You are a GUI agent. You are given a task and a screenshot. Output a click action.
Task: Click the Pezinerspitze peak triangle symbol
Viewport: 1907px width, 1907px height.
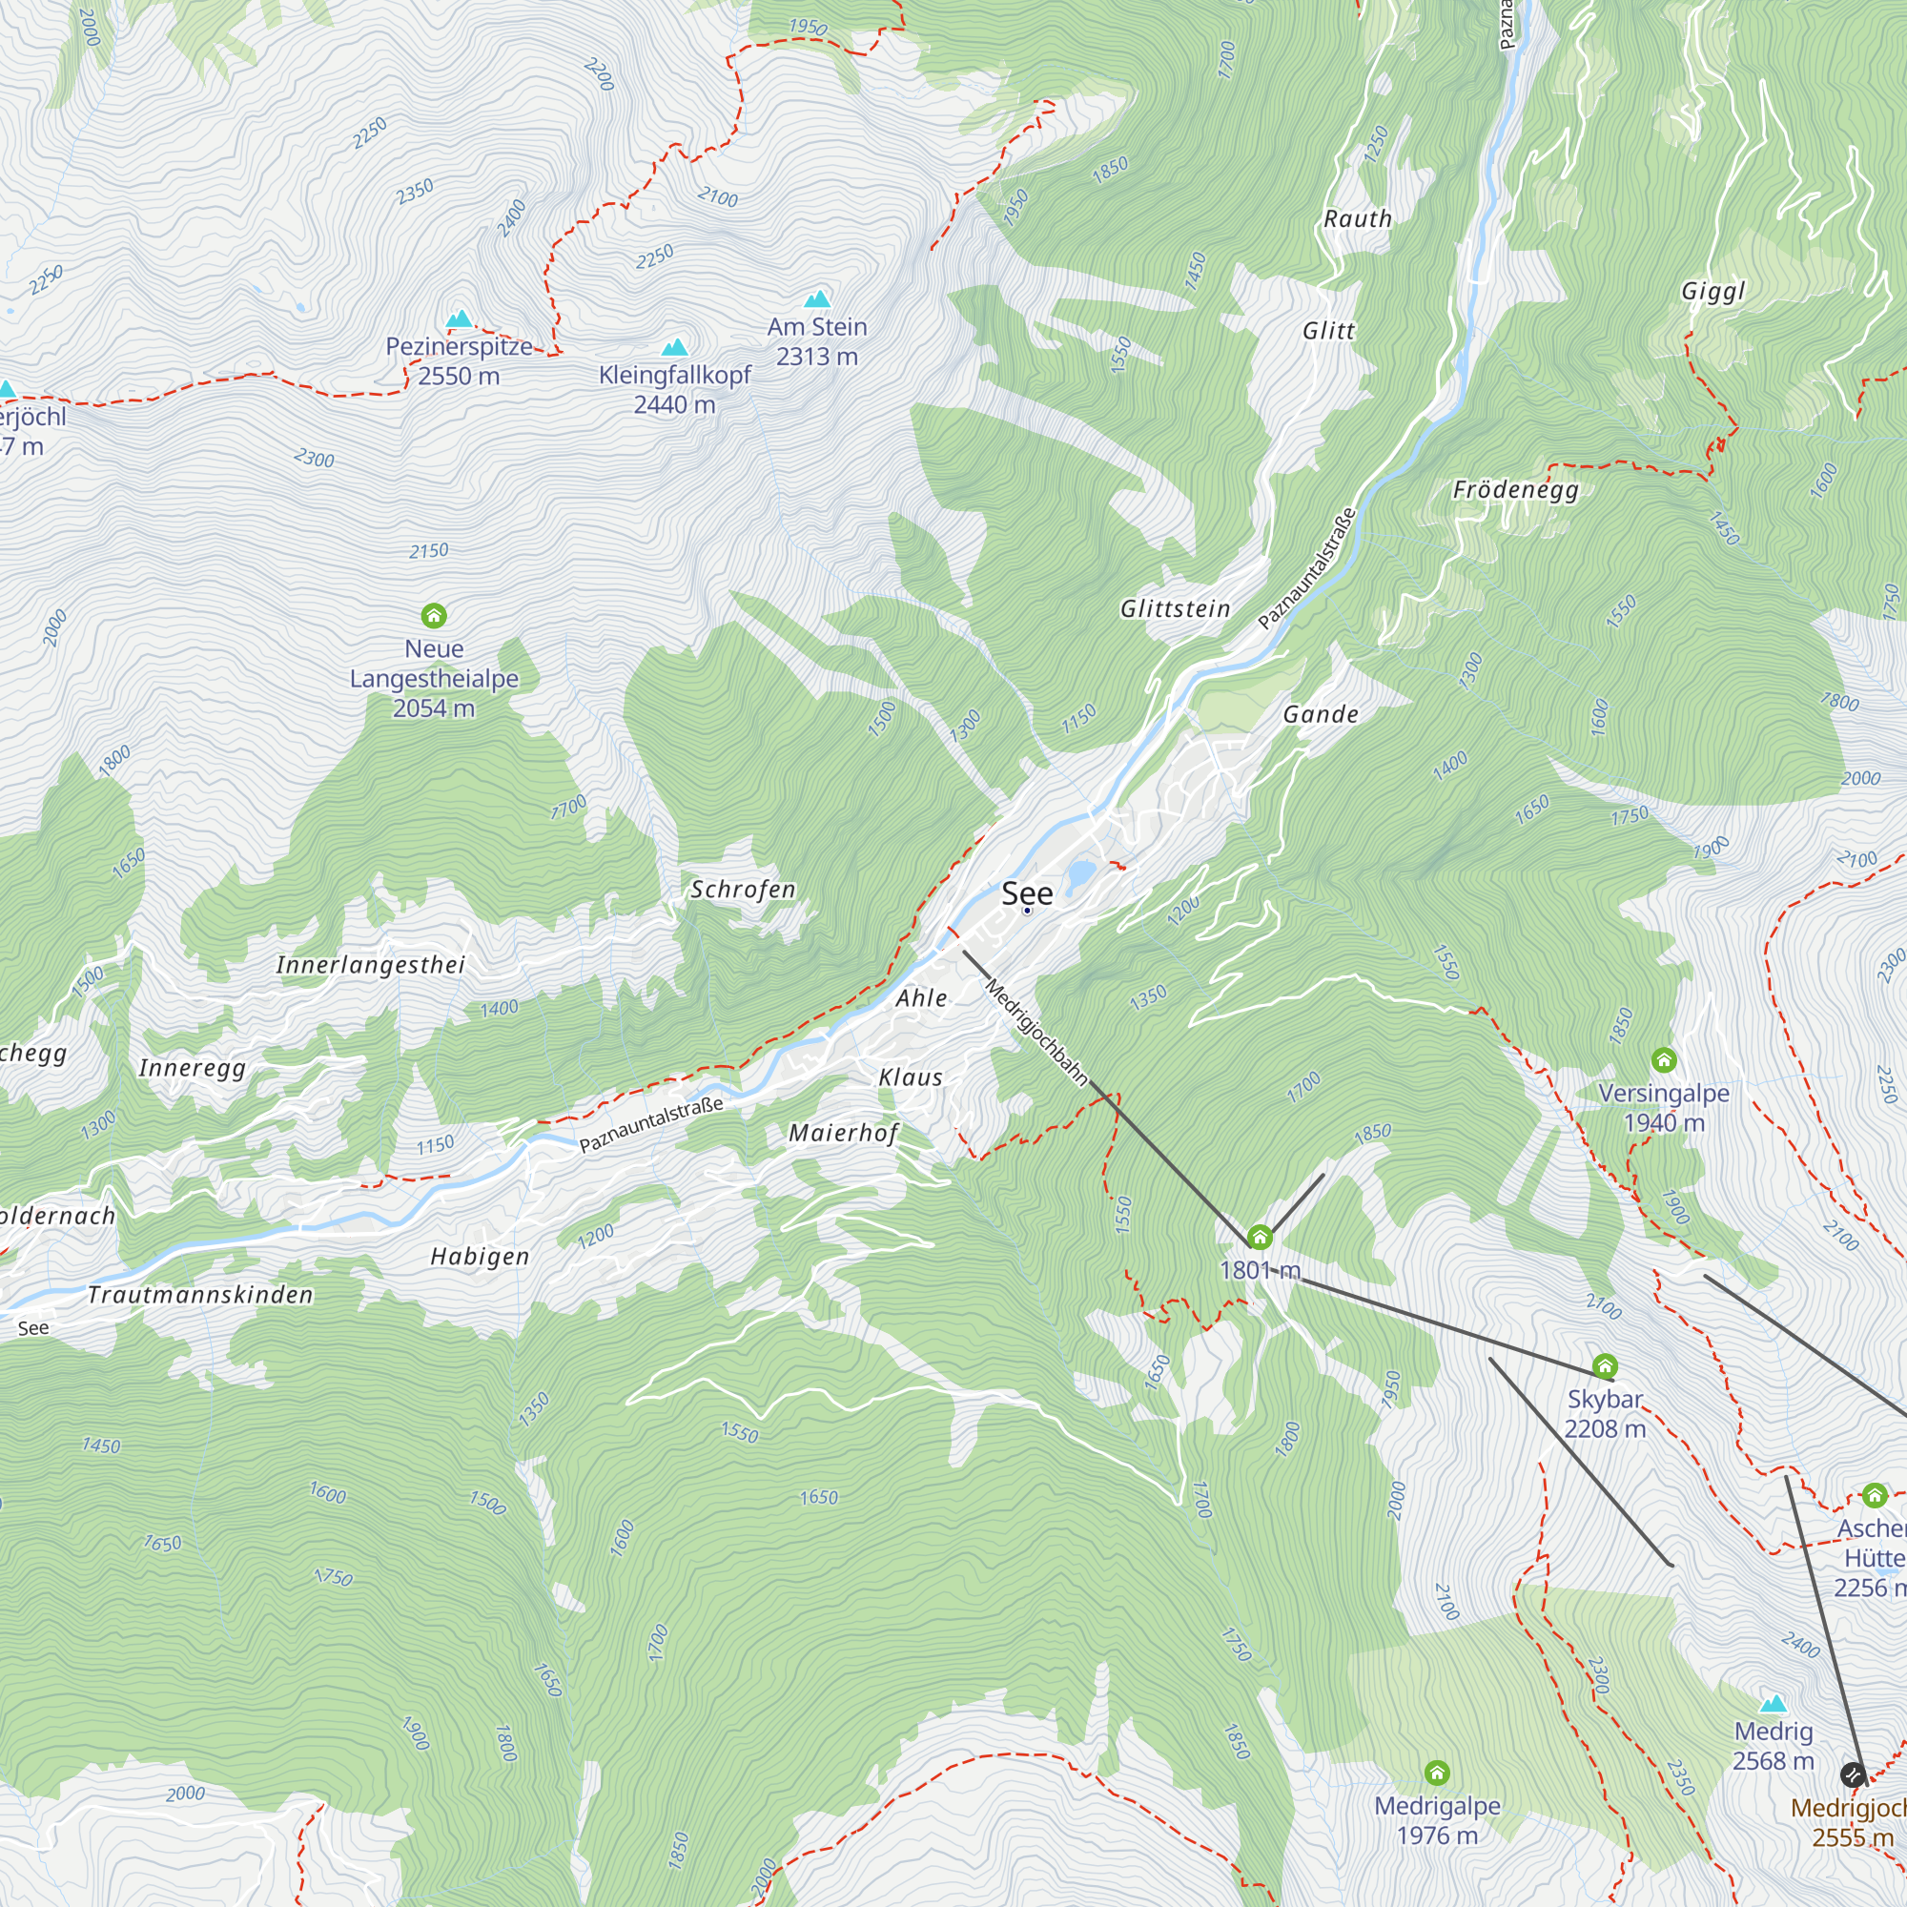pyautogui.click(x=459, y=318)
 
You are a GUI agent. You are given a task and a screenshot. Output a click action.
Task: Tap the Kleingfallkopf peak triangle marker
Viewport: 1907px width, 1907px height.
pyautogui.click(x=675, y=347)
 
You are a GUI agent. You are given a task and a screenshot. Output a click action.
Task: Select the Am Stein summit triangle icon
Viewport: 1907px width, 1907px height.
pyautogui.click(x=817, y=299)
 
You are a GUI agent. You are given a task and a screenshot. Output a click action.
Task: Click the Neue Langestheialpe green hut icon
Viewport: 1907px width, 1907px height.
pyautogui.click(x=434, y=616)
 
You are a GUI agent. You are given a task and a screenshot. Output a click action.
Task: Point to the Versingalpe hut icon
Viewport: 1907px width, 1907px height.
pyautogui.click(x=1664, y=1060)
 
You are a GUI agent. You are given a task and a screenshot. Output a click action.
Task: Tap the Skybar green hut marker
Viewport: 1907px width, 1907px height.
pyautogui.click(x=1605, y=1366)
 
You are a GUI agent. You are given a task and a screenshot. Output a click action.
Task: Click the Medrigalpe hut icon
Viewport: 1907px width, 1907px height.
pyautogui.click(x=1437, y=1773)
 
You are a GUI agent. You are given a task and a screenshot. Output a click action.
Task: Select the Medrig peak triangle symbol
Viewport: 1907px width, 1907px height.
pyautogui.click(x=1774, y=1704)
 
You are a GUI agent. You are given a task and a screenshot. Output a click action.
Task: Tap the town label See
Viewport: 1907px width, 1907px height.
pyautogui.click(x=1028, y=894)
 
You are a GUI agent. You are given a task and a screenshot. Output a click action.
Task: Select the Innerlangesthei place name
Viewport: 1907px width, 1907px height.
pyautogui.click(x=370, y=965)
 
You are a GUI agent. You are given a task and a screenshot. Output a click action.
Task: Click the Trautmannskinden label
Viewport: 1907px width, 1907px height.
pyautogui.click(x=200, y=1295)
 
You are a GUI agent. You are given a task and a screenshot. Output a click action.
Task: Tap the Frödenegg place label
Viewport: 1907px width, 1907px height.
pyautogui.click(x=1516, y=489)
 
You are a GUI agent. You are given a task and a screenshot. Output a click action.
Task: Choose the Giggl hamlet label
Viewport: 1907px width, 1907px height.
pyautogui.click(x=1713, y=291)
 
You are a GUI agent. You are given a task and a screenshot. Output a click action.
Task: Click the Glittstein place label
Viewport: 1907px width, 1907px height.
pyautogui.click(x=1176, y=609)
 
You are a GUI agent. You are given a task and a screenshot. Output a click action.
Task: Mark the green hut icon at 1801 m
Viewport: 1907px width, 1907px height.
pyautogui.click(x=1260, y=1237)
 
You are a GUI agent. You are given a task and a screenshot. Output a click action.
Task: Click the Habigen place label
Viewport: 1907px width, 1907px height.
pyautogui.click(x=481, y=1257)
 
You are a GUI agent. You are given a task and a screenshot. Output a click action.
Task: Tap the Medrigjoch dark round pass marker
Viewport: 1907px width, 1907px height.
pyautogui.click(x=1853, y=1774)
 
